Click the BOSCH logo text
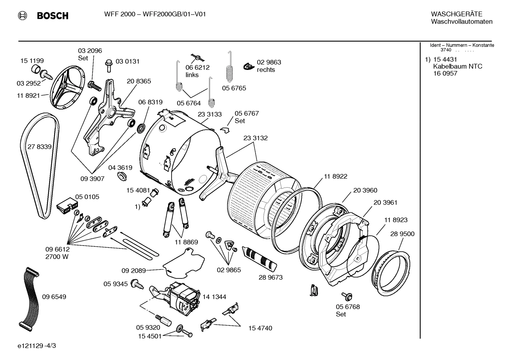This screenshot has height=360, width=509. (x=52, y=16)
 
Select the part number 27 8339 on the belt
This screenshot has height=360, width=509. (x=40, y=147)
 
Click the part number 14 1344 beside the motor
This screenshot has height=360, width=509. (x=214, y=297)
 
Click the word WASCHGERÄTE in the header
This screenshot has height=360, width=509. (x=456, y=14)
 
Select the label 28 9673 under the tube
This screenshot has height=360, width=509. (x=270, y=277)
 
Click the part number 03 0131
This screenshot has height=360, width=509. (x=127, y=61)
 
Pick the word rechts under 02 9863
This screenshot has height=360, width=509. (x=266, y=70)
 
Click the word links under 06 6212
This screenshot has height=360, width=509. (x=192, y=75)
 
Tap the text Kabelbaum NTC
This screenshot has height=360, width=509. (x=457, y=66)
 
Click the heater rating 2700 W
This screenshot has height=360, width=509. (x=57, y=257)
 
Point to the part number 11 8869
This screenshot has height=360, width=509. (x=186, y=242)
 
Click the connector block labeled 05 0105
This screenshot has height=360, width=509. (x=67, y=206)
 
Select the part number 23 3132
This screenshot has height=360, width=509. (x=255, y=138)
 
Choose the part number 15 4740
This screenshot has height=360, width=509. (x=260, y=328)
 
